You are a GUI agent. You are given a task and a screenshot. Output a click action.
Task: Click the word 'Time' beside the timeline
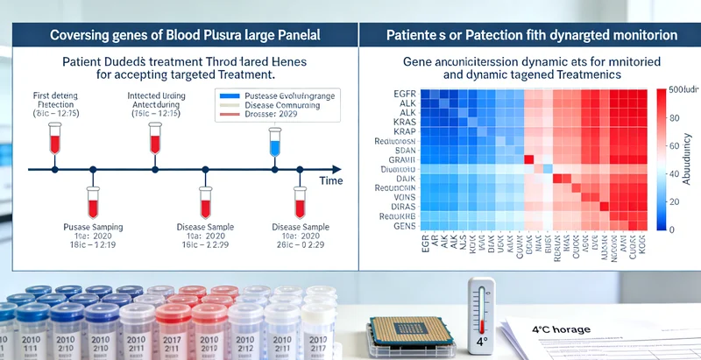(x=330, y=180)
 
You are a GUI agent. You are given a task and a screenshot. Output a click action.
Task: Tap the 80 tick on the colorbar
(x=674, y=120)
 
